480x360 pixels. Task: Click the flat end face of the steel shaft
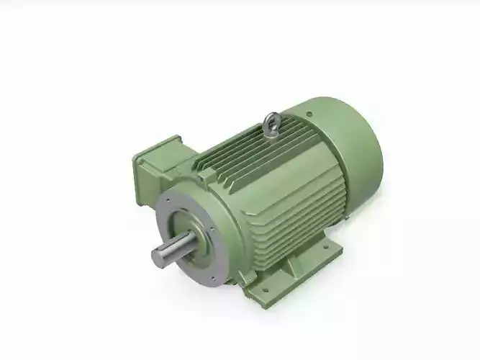[158, 257]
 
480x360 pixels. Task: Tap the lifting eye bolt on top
[272, 124]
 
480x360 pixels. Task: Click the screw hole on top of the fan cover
[309, 113]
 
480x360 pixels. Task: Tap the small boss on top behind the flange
[207, 173]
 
